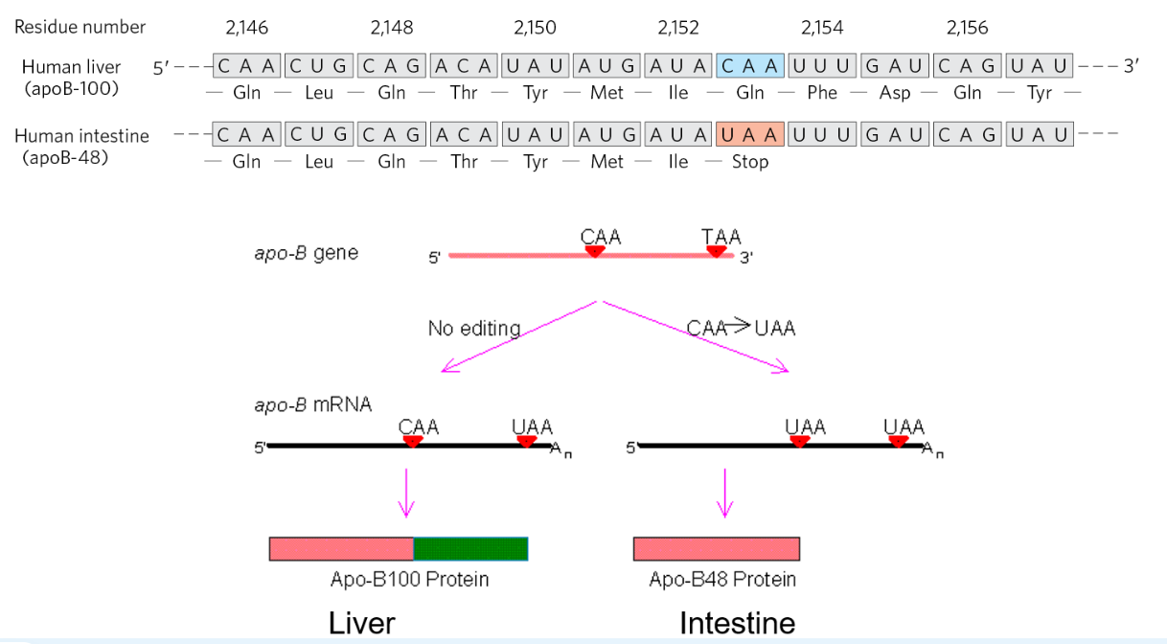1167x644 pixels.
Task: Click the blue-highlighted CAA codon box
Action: point(750,66)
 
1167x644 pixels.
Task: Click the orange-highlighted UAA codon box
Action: point(750,135)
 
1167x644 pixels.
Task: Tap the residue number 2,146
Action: point(246,28)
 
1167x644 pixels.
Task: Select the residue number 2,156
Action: point(967,28)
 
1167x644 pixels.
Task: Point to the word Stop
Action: point(750,162)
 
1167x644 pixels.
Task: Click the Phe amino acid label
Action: point(822,93)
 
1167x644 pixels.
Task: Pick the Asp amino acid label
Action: point(895,93)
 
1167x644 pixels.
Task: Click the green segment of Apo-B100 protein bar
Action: point(470,549)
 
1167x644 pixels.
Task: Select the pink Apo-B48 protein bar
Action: point(716,549)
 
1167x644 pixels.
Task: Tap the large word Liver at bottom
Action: point(361,623)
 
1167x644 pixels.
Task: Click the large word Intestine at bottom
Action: point(737,623)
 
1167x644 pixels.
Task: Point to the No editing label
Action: point(474,329)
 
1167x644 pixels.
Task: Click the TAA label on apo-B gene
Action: point(721,237)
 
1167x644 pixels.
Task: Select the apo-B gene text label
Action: point(306,253)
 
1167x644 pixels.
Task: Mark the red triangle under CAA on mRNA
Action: point(413,442)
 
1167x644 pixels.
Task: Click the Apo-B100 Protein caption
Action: point(409,580)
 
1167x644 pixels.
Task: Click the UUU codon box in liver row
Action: point(822,66)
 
